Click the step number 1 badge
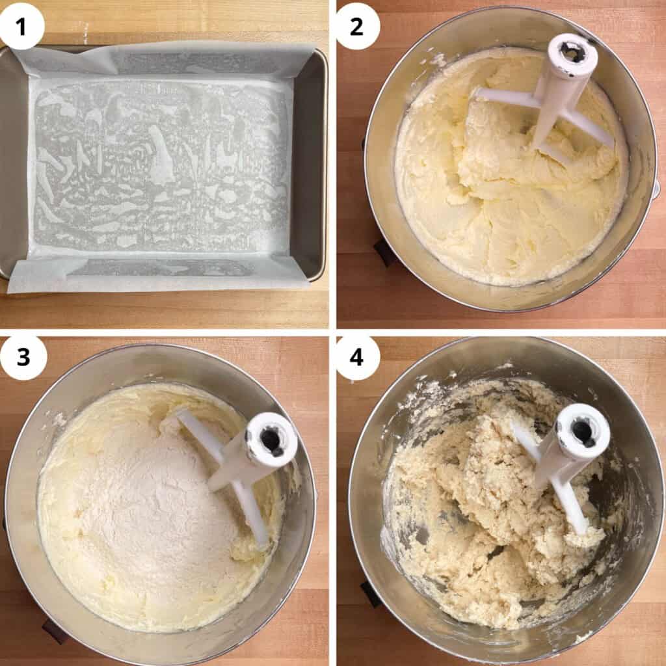pos(21,26)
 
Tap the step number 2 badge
pos(357,26)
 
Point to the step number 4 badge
pos(357,357)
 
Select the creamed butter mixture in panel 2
pos(510,170)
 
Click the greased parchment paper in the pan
pos(161,166)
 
